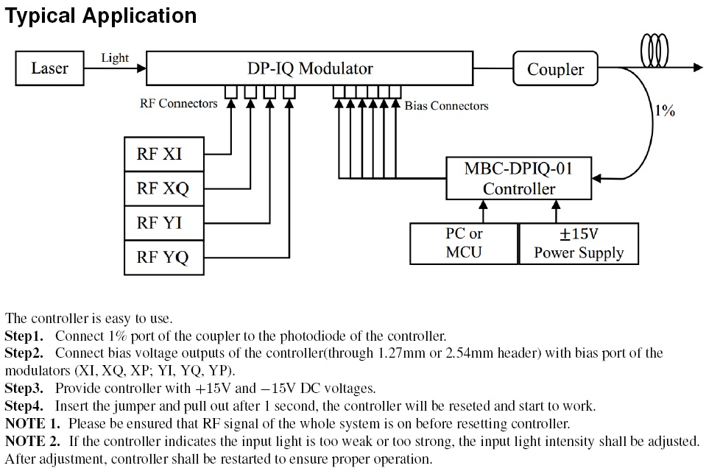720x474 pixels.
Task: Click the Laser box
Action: coord(49,68)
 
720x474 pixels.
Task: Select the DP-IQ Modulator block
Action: coord(310,69)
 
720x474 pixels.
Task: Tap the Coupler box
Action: coord(555,70)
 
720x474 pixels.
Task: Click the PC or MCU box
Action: coord(464,243)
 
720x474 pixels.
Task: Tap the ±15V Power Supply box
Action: coord(578,243)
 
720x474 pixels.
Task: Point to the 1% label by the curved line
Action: coord(665,111)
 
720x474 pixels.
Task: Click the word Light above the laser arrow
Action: coord(115,58)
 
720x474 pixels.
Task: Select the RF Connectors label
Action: coord(178,104)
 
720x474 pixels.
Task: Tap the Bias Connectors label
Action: coord(446,106)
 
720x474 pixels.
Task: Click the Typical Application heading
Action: coord(102,15)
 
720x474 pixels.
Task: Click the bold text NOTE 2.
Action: coord(34,442)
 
